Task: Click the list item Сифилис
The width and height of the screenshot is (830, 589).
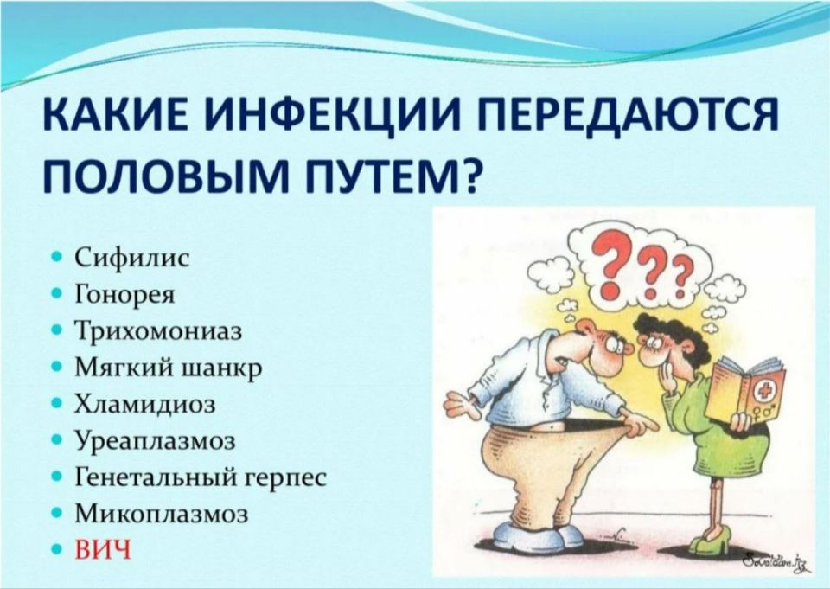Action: (131, 258)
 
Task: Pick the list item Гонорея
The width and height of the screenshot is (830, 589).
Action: (126, 294)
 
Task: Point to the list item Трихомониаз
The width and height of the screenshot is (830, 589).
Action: (157, 331)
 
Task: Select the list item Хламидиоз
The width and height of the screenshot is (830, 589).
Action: (145, 404)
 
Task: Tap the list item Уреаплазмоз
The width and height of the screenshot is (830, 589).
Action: (156, 441)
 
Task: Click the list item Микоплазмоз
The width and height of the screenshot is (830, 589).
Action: (162, 514)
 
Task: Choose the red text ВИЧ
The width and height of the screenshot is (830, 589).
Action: (103, 550)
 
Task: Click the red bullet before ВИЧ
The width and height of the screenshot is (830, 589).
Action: (57, 550)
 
